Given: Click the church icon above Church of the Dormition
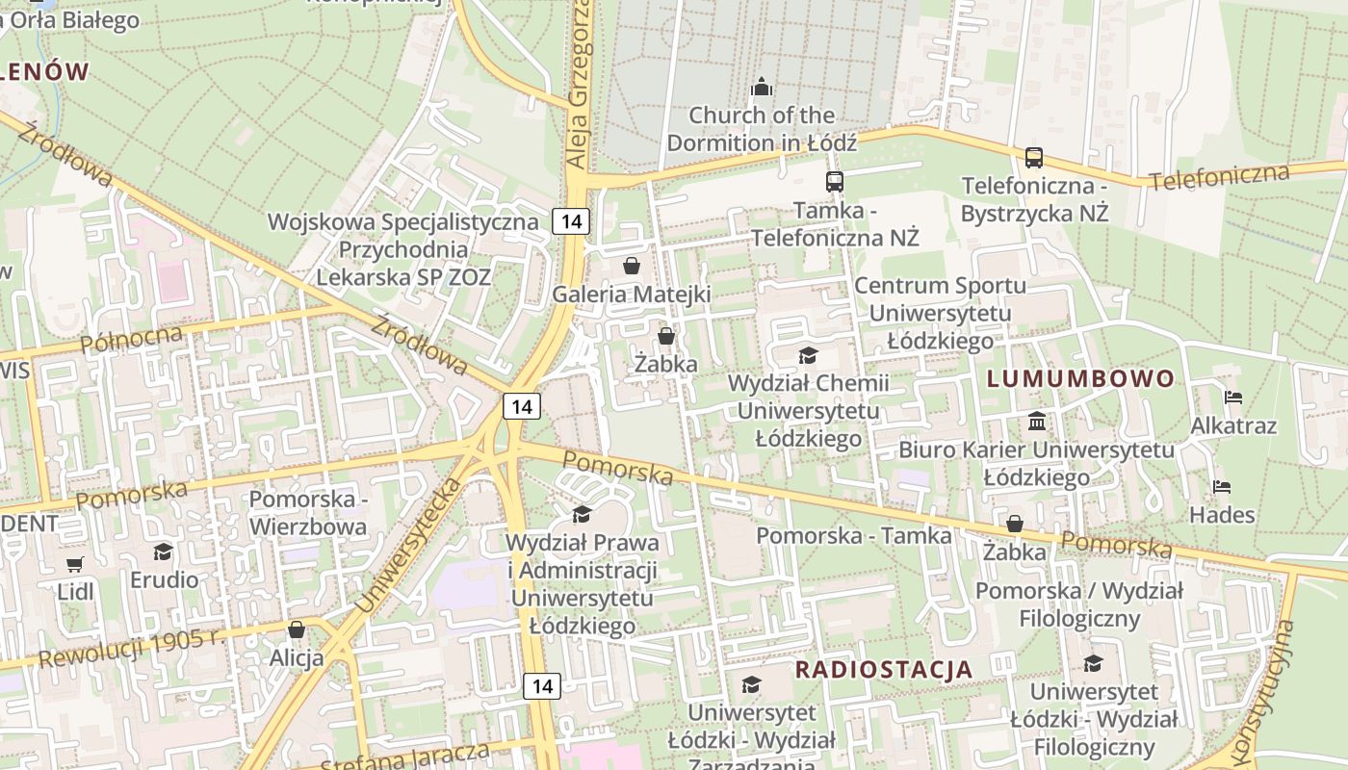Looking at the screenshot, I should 762,88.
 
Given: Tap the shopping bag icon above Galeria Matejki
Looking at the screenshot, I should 632,266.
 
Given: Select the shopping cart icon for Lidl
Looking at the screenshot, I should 75,563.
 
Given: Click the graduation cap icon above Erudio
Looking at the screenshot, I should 164,552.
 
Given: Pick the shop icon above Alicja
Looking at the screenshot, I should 297,629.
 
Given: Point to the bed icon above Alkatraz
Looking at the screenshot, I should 1232,397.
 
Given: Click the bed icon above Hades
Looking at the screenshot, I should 1222,486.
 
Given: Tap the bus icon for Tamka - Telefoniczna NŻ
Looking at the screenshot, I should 835,181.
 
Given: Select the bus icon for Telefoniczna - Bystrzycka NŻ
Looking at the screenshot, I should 1034,157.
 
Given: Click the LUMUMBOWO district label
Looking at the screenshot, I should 1081,378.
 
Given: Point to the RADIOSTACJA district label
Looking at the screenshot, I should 884,670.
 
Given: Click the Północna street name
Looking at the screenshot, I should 132,340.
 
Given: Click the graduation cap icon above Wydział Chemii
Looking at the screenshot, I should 808,355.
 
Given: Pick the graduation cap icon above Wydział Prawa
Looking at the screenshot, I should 582,515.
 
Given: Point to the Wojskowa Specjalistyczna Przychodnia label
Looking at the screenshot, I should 403,249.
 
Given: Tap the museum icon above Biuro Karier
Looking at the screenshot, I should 1037,421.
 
